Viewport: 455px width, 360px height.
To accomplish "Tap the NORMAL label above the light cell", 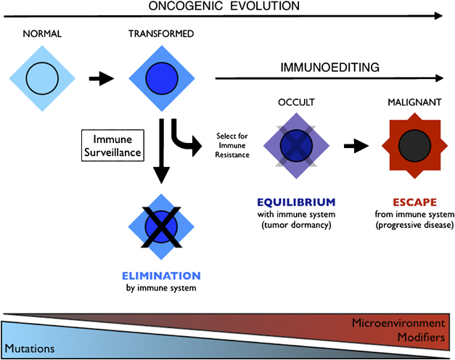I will coord(41,34).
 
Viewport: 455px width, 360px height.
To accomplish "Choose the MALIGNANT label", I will coord(411,105).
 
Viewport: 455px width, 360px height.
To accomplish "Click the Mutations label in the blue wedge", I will coord(29,348).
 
